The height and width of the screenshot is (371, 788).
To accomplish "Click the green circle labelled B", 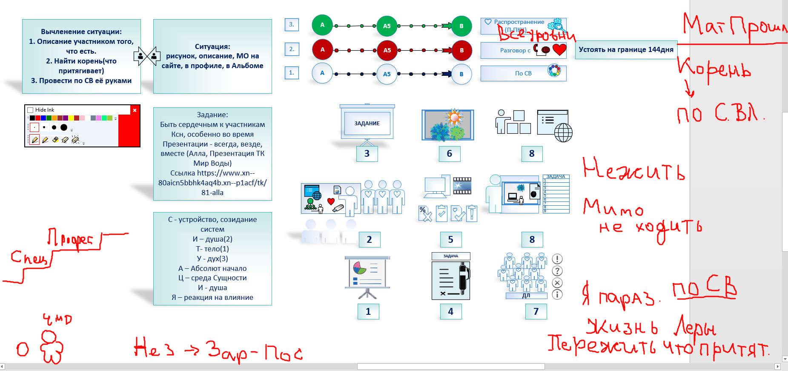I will click(x=461, y=26).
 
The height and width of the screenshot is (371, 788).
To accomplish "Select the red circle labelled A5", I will click(x=387, y=50).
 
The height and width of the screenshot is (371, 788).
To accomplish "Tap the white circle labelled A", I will click(x=322, y=73).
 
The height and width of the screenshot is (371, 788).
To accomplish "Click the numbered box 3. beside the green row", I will click(x=292, y=25).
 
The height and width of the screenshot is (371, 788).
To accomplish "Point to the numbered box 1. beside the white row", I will click(x=292, y=73).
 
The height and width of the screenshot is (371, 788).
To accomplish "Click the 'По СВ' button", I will click(x=523, y=73).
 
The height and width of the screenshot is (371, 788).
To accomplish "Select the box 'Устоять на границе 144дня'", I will click(x=626, y=50).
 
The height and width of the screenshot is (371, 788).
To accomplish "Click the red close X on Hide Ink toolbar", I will click(x=135, y=110).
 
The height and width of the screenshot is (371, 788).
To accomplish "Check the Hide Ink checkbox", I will click(x=31, y=110).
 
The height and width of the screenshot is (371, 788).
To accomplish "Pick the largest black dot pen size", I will click(x=64, y=127).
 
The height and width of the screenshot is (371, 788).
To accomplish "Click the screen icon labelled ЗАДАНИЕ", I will click(x=367, y=124).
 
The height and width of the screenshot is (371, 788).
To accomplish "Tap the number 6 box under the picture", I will click(x=449, y=154).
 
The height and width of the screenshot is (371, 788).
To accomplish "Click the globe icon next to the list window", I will click(x=563, y=132).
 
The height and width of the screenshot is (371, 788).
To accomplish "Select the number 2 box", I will click(x=369, y=240).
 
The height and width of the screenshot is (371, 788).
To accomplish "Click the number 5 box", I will click(x=450, y=240).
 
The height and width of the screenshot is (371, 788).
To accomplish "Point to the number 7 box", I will click(x=536, y=312).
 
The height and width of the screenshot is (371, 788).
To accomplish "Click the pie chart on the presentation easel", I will click(x=360, y=268).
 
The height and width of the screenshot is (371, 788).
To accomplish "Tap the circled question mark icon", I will click(x=557, y=271).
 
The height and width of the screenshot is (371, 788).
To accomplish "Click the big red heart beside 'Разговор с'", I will click(x=559, y=50).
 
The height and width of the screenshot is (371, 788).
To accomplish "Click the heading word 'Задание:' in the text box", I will click(x=212, y=115).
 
